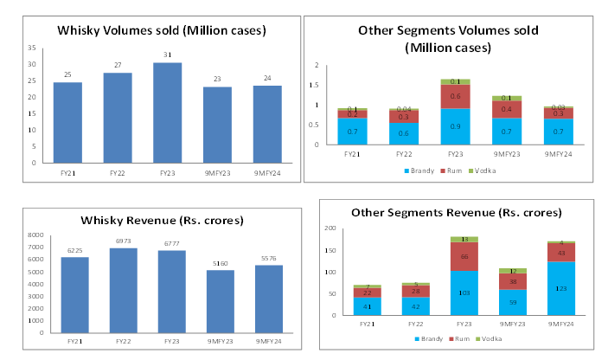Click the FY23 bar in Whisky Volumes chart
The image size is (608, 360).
click(x=167, y=112)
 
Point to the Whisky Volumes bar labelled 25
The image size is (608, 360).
click(x=67, y=122)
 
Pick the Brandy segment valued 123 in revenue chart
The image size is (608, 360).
click(x=562, y=288)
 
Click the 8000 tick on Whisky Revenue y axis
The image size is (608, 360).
click(x=35, y=235)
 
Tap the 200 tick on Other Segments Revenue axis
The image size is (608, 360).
click(x=330, y=228)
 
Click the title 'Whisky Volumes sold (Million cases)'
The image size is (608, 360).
click(x=161, y=30)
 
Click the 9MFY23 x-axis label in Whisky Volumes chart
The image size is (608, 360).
click(x=216, y=173)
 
